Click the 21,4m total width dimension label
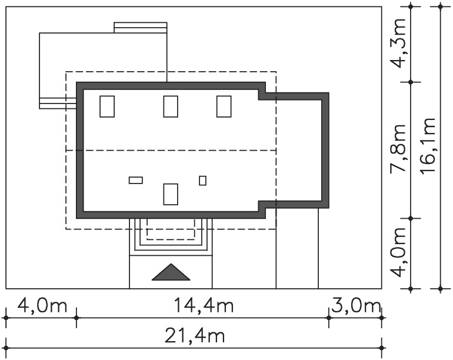pyautogui.click(x=195, y=336)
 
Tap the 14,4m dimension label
pyautogui.click(x=204, y=306)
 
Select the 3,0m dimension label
pyautogui.click(x=356, y=306)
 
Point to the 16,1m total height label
pyautogui.click(x=428, y=145)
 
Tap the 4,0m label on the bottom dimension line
pyautogui.click(x=42, y=306)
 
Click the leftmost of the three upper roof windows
pyautogui.click(x=107, y=106)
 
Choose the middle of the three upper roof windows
pyautogui.click(x=171, y=106)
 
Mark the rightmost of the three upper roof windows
pyautogui.click(x=224, y=106)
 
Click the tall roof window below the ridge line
pyautogui.click(x=171, y=194)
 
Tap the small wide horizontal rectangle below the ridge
pyautogui.click(x=135, y=180)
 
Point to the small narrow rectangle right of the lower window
pyautogui.click(x=202, y=181)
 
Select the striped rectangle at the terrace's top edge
pyautogui.click(x=141, y=28)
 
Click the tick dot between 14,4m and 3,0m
pyautogui.click(x=329, y=318)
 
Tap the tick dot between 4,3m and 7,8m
pyautogui.click(x=411, y=82)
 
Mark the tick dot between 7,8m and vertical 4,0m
pyautogui.click(x=411, y=218)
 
